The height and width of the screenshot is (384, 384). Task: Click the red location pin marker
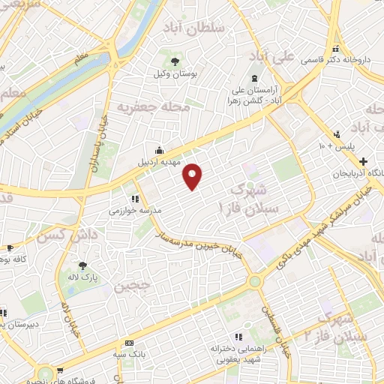point(193,176)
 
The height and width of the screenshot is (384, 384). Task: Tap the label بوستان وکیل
point(174,75)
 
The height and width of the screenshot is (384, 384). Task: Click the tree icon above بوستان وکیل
point(174,61)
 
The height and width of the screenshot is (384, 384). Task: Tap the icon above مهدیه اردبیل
point(157,148)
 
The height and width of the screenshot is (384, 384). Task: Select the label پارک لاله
point(82,277)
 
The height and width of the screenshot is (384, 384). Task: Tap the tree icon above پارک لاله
point(82,265)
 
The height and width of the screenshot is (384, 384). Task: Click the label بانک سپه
point(129,355)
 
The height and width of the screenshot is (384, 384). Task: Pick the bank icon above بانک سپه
point(128,343)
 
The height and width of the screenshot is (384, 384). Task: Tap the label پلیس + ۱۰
point(334,145)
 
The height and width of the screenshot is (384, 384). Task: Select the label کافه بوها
point(14,259)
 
